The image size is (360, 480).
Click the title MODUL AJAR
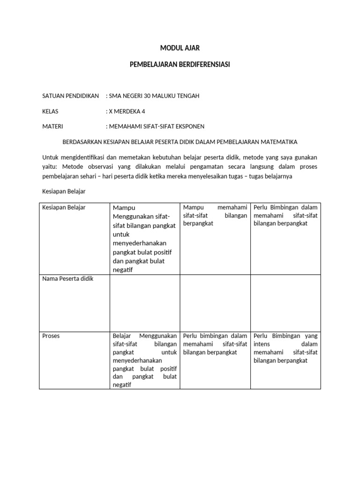pos(180,48)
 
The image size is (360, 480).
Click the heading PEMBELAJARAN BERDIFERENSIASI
pos(180,64)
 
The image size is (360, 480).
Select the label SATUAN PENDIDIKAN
pos(70,96)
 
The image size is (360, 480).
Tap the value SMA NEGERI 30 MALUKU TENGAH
pos(154,96)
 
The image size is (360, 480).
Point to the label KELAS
pos(51,112)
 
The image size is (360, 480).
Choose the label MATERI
pos(52,127)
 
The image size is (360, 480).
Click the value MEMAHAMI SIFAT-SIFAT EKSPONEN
pos(156,127)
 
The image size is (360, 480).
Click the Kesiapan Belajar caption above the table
pos(64,192)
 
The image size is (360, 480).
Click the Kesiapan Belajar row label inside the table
pos(64,207)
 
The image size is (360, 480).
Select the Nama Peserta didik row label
pos(67,279)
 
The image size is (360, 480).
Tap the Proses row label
pos(51,336)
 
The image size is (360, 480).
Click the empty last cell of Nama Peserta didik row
pos(286,302)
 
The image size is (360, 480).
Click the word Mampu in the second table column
pos(123,208)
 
